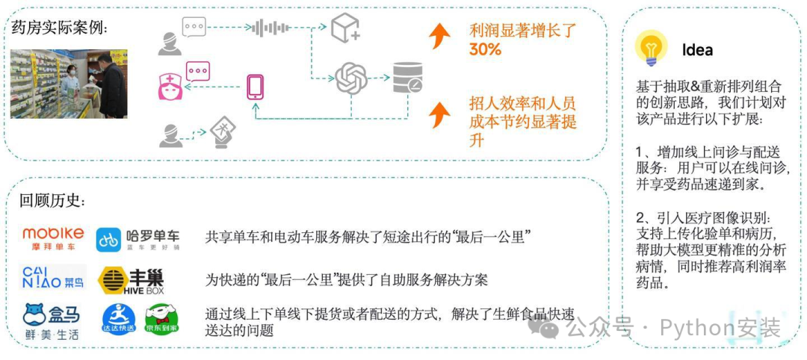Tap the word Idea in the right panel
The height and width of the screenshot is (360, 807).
[x=697, y=50]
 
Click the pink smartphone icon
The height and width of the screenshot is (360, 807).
[x=255, y=86]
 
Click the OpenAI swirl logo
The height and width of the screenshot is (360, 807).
[x=351, y=78]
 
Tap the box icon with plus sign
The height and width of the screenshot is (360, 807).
[x=346, y=28]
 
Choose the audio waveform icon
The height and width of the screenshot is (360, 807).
[x=270, y=28]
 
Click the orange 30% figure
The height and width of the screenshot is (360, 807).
[x=485, y=50]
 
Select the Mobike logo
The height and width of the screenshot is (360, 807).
[x=52, y=238]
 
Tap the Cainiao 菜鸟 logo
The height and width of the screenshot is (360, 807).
[x=52, y=278]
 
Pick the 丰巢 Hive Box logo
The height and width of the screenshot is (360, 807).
[x=132, y=279]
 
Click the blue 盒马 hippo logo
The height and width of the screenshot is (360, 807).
[x=52, y=321]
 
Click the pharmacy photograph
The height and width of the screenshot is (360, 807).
[x=68, y=84]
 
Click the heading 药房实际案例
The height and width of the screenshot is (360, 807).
[x=60, y=28]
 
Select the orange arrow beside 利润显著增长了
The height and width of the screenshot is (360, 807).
[x=440, y=34]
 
